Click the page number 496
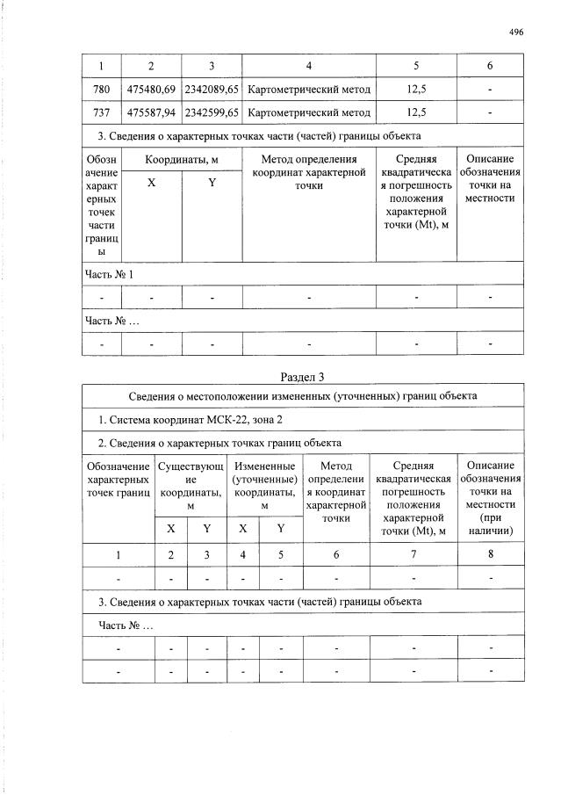[x=515, y=32]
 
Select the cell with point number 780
[x=101, y=90]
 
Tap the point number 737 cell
[x=101, y=112]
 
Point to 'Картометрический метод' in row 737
[x=309, y=112]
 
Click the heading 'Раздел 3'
[x=302, y=377]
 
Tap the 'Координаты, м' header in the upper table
[x=182, y=159]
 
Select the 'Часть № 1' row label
[x=109, y=274]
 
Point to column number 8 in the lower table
[x=490, y=554]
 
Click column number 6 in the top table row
[x=490, y=67]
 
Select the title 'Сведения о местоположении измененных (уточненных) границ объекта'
[x=302, y=396]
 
